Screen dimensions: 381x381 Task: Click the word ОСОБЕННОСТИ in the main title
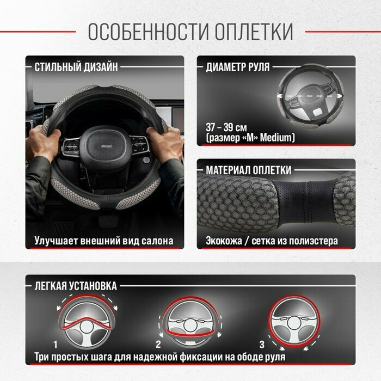click(x=148, y=32)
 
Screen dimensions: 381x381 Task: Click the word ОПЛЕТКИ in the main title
click(x=254, y=32)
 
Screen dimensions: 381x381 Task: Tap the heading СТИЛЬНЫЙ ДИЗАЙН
click(x=76, y=67)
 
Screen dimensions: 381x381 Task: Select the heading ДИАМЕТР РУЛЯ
click(x=238, y=67)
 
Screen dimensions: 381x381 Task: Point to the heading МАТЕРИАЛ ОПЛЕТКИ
click(x=249, y=170)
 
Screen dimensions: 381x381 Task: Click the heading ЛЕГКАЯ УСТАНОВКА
click(x=76, y=286)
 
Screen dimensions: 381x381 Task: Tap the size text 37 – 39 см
click(x=226, y=127)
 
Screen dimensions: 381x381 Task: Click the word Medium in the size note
click(x=276, y=138)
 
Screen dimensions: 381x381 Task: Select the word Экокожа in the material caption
click(x=224, y=241)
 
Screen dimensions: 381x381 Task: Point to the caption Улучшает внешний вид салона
click(x=104, y=241)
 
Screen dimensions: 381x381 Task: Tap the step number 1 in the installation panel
click(x=56, y=345)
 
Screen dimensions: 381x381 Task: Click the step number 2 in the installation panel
click(x=158, y=345)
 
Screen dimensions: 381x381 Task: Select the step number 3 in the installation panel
click(x=262, y=345)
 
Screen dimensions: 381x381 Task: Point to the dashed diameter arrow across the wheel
click(x=310, y=96)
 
